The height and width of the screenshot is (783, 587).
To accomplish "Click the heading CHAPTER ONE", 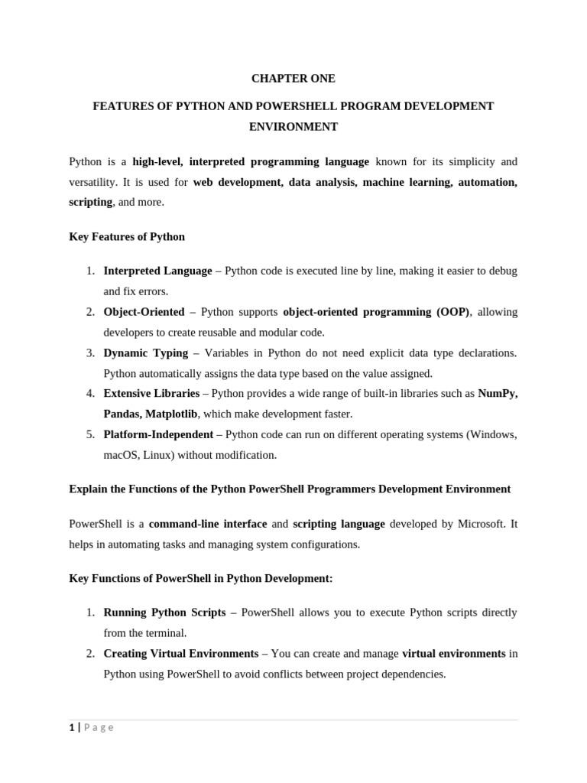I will point(293,79).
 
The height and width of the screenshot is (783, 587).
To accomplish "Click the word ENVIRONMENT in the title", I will point(293,127).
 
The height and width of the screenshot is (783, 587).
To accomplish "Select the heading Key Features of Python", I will point(127,236).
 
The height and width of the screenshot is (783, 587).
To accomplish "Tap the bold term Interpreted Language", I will point(157,271).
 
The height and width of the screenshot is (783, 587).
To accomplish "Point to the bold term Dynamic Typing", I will point(145,353).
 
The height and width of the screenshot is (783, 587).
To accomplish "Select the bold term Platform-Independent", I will point(158,434).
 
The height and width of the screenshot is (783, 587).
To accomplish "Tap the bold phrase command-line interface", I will point(208,524).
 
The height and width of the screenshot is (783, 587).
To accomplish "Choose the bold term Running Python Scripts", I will point(164,612).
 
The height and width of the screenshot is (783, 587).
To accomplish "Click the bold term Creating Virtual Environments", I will point(180,654).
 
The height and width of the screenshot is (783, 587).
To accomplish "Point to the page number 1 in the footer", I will point(71,727).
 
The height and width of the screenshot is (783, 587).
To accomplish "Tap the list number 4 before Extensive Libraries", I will point(90,393).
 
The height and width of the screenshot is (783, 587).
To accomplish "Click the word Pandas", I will point(122,414).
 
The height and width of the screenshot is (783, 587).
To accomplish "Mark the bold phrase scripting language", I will point(339,524).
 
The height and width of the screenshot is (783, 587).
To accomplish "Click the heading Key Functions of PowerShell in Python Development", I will point(201,578).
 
